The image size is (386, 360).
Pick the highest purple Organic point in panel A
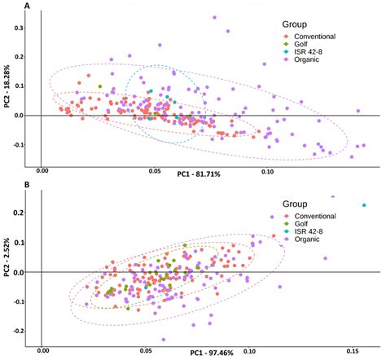click(214, 17)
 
